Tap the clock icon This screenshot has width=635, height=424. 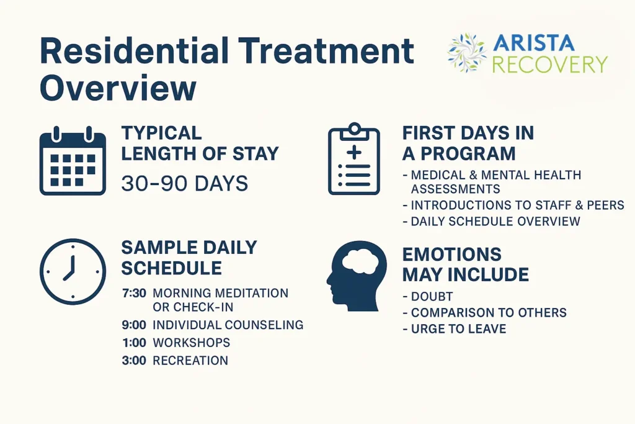tap(73, 271)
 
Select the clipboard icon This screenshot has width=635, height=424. tap(353, 160)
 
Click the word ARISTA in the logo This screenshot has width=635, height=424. tap(535, 43)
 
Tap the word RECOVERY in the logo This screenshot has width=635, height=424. tap(549, 65)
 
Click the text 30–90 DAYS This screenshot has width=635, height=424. tap(184, 184)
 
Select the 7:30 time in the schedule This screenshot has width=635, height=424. tap(134, 293)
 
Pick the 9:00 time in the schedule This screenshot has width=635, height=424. tap(134, 325)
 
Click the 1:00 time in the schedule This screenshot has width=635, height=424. tap(134, 343)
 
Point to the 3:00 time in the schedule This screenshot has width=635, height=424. tap(134, 361)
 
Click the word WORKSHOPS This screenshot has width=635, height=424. tap(191, 343)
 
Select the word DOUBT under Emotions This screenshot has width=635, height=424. tap(432, 297)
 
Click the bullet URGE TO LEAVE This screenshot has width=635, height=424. tap(458, 329)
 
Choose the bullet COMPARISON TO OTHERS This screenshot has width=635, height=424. tap(489, 313)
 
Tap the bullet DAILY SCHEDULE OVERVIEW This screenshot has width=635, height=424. tap(495, 222)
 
